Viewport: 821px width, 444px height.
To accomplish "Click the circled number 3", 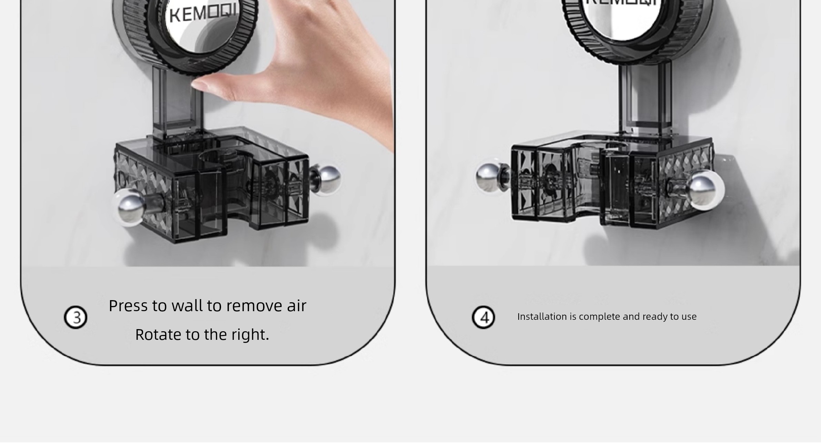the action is (x=76, y=317).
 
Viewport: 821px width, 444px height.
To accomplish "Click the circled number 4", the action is (x=483, y=317).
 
